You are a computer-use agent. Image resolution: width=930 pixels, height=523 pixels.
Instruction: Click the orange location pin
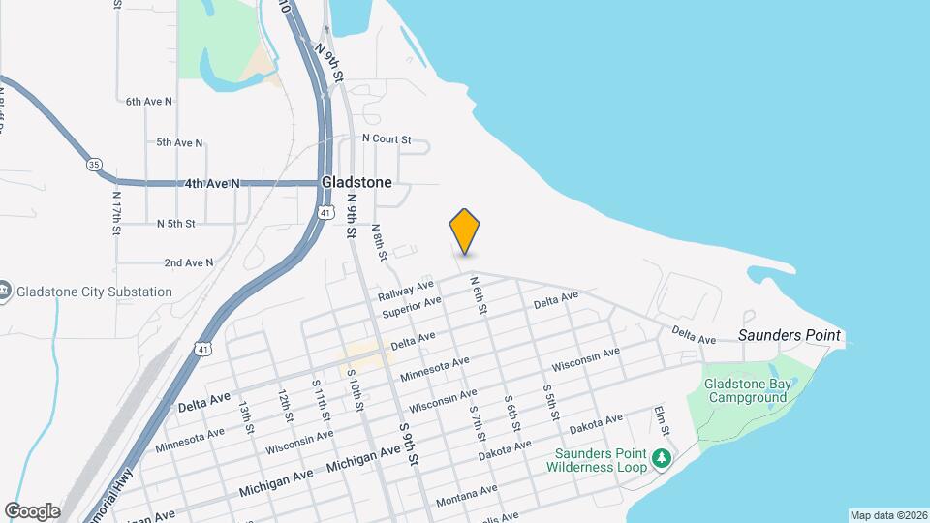[x=465, y=231]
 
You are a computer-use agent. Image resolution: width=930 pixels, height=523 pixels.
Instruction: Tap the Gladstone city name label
[x=356, y=182]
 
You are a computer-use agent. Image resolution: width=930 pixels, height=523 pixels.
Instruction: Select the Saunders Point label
[x=790, y=336]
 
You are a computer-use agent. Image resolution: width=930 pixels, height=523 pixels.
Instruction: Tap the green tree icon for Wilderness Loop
[x=661, y=457]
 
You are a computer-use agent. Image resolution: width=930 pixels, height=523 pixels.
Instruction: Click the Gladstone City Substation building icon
[x=5, y=292]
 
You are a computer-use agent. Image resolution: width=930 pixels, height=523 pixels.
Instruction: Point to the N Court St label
[x=387, y=139]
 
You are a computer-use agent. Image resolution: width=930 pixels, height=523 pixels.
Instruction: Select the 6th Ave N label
[x=148, y=101]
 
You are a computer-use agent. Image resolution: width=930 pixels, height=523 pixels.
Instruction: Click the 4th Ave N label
[x=212, y=183]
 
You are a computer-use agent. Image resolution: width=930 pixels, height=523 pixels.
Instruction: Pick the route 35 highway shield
[x=93, y=165]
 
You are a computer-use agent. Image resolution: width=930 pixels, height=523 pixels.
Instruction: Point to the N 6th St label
[x=478, y=294]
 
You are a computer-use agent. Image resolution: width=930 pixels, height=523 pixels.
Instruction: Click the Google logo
[x=32, y=510]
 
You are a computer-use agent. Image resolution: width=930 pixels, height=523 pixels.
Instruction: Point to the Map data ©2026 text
[x=888, y=515]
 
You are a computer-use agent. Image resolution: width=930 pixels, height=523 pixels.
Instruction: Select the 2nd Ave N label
[x=188, y=262]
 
